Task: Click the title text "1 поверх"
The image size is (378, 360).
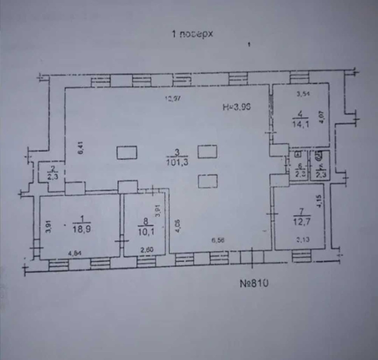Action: click(193, 35)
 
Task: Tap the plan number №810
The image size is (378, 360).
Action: click(254, 283)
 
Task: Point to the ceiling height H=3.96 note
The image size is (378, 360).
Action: click(237, 107)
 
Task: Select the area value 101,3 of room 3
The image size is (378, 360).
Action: click(177, 163)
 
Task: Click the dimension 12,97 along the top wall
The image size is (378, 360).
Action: click(173, 100)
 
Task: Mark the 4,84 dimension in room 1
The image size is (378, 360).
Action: click(75, 254)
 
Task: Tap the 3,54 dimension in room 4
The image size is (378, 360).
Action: click(304, 95)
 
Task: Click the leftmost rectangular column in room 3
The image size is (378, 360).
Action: click(127, 153)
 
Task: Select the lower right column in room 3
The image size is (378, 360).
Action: click(208, 181)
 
